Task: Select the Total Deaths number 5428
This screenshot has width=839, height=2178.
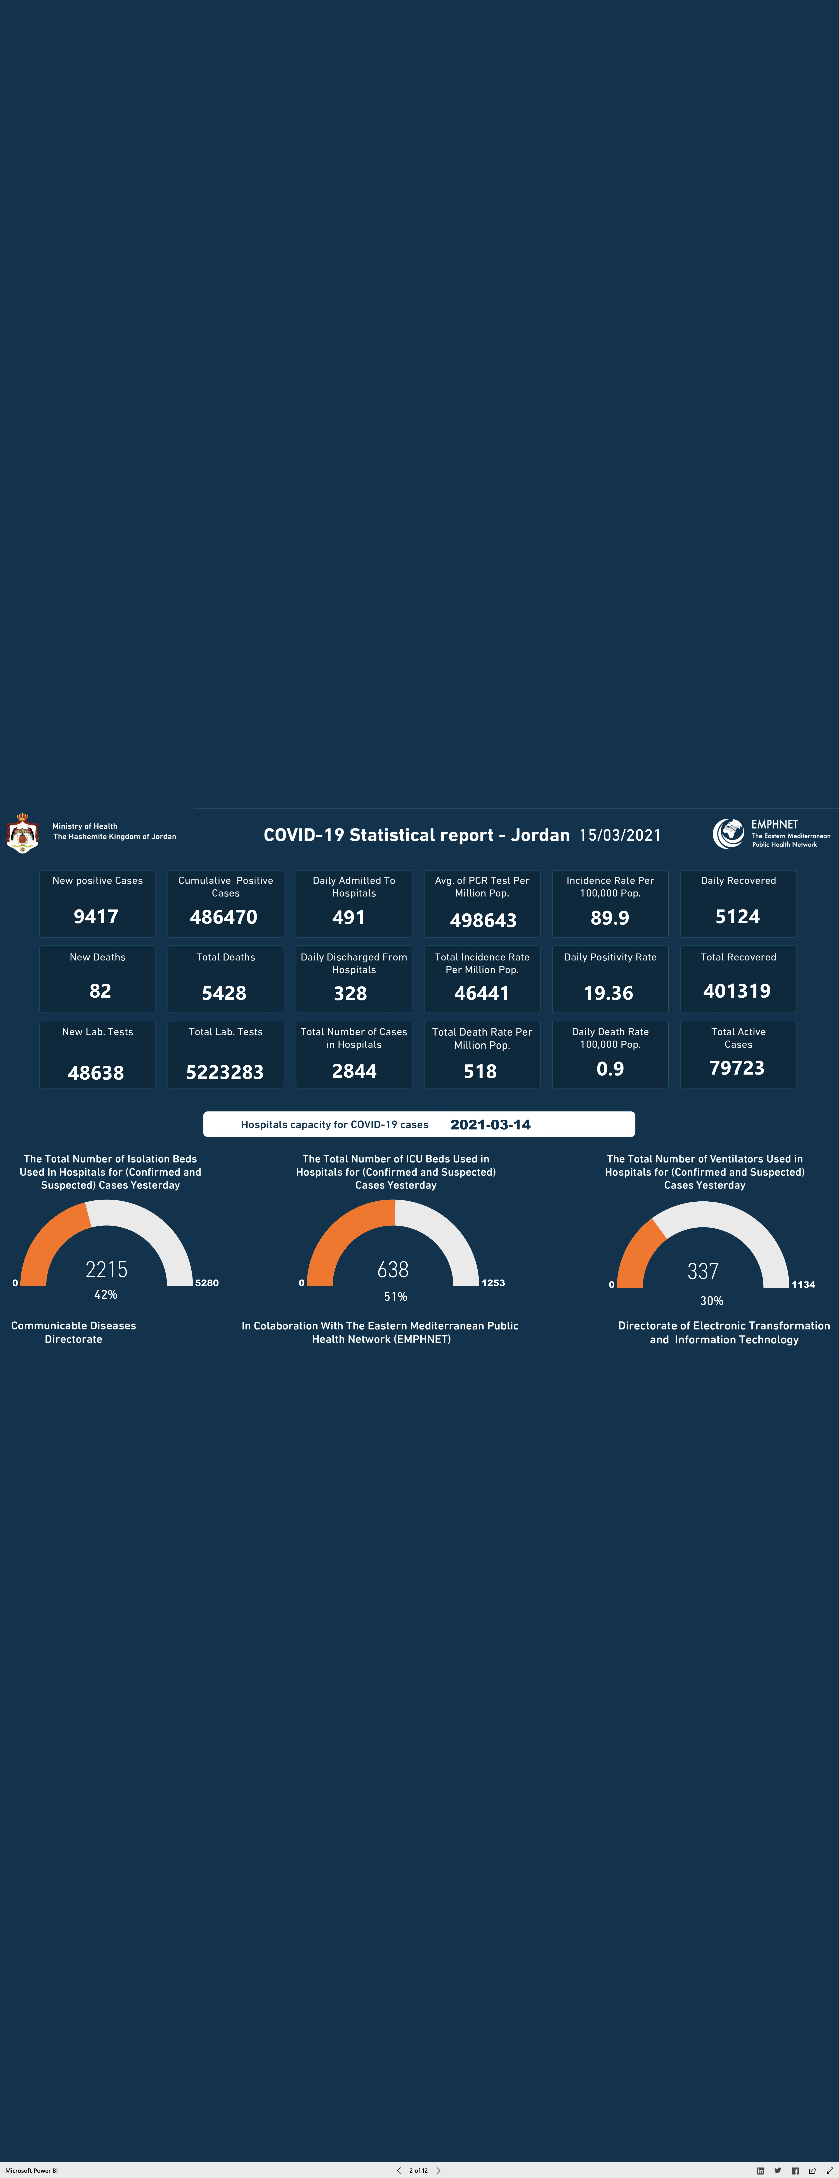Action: point(224,993)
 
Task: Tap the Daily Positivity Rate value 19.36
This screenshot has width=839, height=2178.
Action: point(608,993)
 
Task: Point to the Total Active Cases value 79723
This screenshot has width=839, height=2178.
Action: point(737,1068)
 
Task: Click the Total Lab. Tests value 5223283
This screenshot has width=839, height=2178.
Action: point(225,1072)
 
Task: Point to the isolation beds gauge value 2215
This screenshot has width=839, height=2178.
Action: point(106,1269)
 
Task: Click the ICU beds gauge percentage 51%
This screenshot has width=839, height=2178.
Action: point(395,1296)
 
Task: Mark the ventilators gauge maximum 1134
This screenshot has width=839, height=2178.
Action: point(804,1284)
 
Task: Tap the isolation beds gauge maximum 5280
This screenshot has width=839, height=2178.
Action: point(207,1283)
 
